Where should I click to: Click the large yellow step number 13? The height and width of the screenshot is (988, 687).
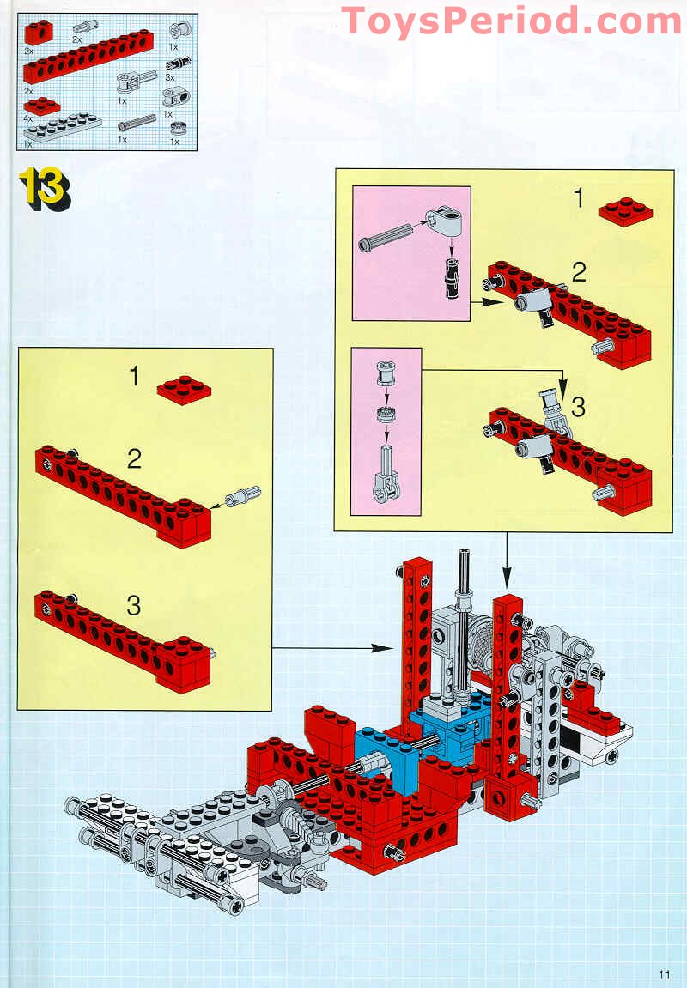[x=43, y=188]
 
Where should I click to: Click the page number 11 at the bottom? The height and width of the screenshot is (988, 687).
[x=664, y=973]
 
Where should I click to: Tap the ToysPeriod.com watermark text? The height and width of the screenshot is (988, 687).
[x=511, y=21]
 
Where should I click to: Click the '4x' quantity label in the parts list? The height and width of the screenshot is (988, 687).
[x=28, y=118]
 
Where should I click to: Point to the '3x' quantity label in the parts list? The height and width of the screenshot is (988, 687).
[x=170, y=76]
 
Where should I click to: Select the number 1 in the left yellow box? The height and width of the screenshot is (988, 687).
[x=134, y=376]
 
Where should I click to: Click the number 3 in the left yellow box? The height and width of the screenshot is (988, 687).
[x=134, y=606]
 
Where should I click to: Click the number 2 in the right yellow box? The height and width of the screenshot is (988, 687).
[x=580, y=273]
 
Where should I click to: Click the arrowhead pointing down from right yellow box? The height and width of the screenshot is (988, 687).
[x=507, y=585]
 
